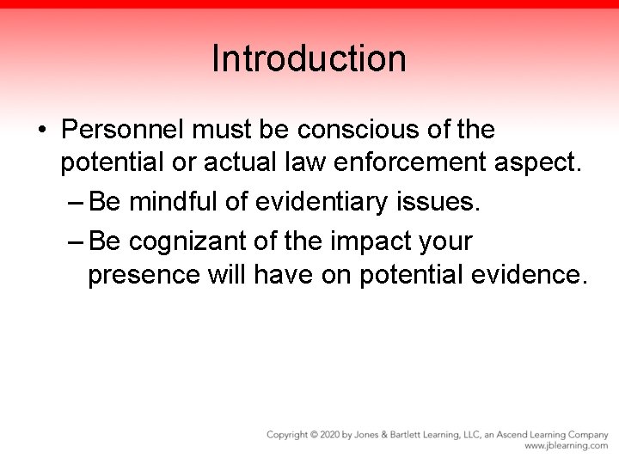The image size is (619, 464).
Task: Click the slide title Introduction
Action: [309, 59]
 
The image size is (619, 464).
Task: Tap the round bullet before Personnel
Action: [41, 131]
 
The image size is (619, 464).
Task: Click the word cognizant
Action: [192, 242]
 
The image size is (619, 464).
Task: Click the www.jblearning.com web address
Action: [566, 446]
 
